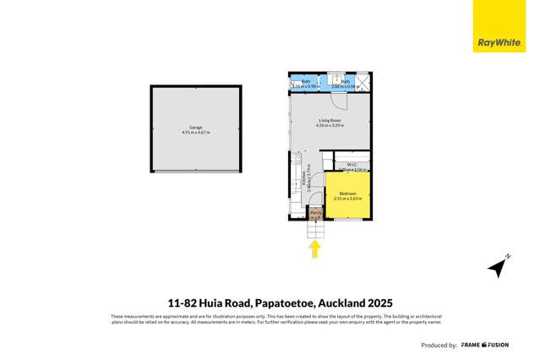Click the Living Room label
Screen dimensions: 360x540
330,121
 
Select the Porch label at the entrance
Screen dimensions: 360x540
315,213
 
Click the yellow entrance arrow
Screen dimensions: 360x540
315,248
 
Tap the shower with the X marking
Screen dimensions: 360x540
363,83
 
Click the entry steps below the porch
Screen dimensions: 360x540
315,229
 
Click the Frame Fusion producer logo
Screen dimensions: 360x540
485,345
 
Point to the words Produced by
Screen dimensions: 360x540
439,345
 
